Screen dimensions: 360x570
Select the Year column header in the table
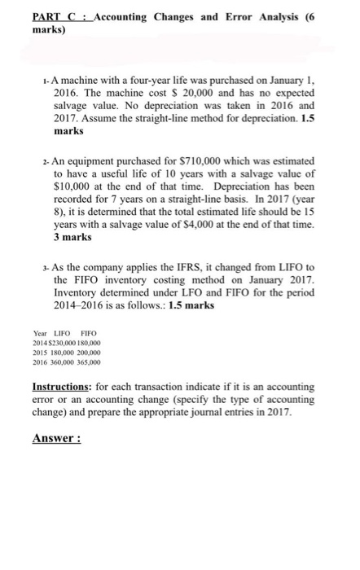tap(40, 332)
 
